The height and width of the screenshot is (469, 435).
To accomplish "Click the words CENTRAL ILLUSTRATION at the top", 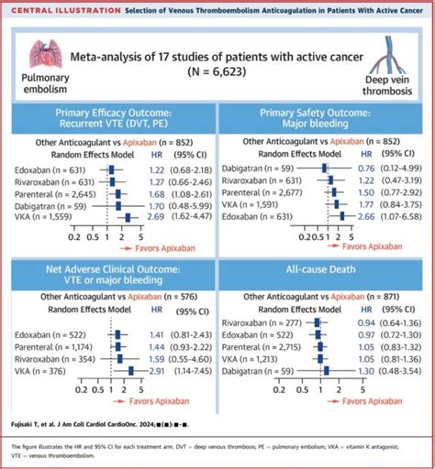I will click(x=60, y=8).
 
